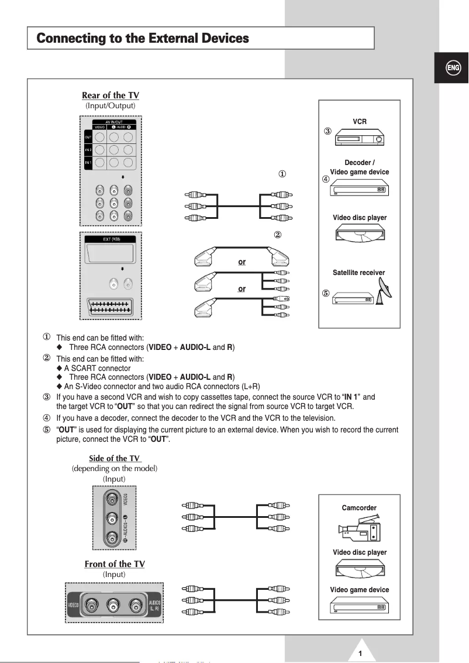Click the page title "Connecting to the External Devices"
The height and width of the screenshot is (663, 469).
[143, 39]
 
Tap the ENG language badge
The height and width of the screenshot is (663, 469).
[453, 68]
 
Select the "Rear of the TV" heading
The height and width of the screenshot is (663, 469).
[111, 95]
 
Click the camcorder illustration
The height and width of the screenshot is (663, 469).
[359, 528]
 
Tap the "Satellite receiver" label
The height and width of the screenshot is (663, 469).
[359, 273]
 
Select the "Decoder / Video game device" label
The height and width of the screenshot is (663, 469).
[359, 167]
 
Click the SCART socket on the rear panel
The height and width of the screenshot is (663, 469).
[111, 308]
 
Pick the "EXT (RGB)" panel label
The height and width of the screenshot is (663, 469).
[111, 239]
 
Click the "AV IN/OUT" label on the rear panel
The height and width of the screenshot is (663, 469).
[113, 122]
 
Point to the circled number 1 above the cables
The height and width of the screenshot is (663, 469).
[282, 174]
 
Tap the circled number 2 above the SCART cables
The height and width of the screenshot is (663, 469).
[278, 235]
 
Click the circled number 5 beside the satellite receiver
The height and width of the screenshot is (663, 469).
[326, 293]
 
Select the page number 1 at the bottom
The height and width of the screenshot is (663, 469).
[361, 654]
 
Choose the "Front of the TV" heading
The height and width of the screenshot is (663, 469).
[115, 564]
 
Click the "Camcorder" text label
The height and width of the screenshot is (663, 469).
[359, 508]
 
